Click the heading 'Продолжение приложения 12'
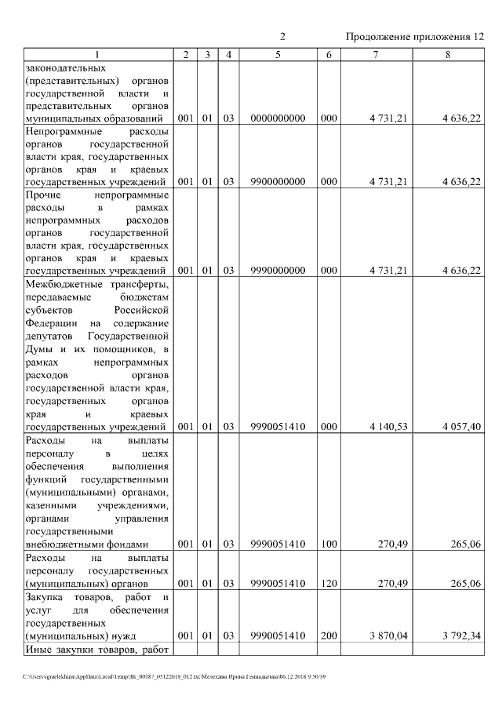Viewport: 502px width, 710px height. tap(414, 37)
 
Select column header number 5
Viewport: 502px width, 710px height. tap(278, 54)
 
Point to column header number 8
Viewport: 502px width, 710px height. tap(448, 54)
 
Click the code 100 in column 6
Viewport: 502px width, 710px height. tap(329, 544)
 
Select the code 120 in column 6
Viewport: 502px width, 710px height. tap(329, 584)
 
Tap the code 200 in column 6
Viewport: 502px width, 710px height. tap(329, 635)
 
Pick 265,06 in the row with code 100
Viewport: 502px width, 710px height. tap(466, 544)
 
